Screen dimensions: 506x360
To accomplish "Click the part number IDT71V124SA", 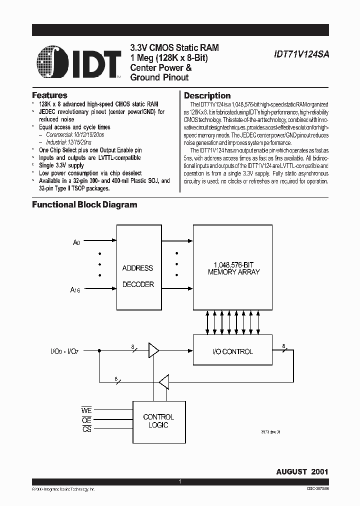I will (x=301, y=56).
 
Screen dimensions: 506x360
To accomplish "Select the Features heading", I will (x=49, y=95).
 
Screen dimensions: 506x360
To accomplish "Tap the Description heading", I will (x=207, y=95).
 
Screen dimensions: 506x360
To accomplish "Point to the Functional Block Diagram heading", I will (x=84, y=204).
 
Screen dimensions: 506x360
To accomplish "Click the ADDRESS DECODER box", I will (x=137, y=275).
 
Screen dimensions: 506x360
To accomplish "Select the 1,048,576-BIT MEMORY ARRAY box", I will (x=233, y=268).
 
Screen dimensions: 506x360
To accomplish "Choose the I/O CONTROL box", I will (x=233, y=351).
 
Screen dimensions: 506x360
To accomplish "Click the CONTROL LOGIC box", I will (x=158, y=420).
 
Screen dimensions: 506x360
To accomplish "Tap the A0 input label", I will (x=76, y=242).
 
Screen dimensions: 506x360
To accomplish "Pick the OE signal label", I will (x=86, y=420).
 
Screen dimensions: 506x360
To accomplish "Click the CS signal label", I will (x=86, y=429).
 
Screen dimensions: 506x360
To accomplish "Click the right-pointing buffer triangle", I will (x=153, y=351).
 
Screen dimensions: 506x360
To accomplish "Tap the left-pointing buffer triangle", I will (x=163, y=382).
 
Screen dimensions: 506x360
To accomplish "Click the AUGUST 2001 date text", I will (x=302, y=471).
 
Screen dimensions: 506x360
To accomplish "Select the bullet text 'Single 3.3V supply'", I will (x=61, y=165).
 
